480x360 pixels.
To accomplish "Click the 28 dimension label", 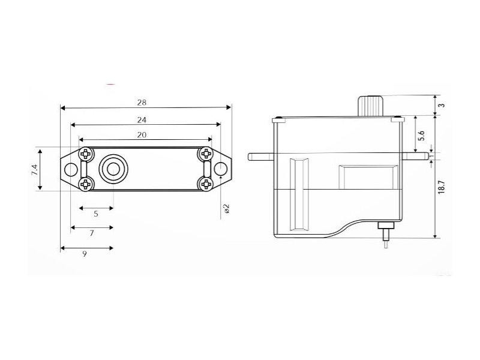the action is pos(142,103).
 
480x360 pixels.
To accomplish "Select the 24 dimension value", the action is pos(142,119).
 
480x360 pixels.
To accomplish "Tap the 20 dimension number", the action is pos(142,134).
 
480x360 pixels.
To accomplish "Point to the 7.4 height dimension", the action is pos(34,170).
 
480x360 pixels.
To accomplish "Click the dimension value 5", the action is pos(96,214).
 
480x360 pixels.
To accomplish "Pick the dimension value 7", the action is pos(92,233).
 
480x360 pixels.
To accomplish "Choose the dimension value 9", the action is pos(85,254).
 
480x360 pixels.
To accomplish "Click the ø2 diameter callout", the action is pos(227,208).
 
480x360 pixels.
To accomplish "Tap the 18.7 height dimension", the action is pos(441,187).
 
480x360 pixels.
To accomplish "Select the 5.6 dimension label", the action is pos(422,136).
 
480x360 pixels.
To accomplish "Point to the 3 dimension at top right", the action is pos(442,106).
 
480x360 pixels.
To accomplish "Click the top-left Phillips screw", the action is pos(86,154).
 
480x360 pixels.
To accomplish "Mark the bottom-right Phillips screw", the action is pos(206,184).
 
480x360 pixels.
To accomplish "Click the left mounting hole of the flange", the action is pos(71,169).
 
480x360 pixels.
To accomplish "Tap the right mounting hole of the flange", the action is pos(220,169).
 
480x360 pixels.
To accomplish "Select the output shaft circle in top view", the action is pos(113,169).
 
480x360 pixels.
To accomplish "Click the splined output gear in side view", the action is pos(371,106).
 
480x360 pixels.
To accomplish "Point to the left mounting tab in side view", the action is pos(260,157).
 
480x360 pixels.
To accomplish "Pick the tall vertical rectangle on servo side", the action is pos(299,194).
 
